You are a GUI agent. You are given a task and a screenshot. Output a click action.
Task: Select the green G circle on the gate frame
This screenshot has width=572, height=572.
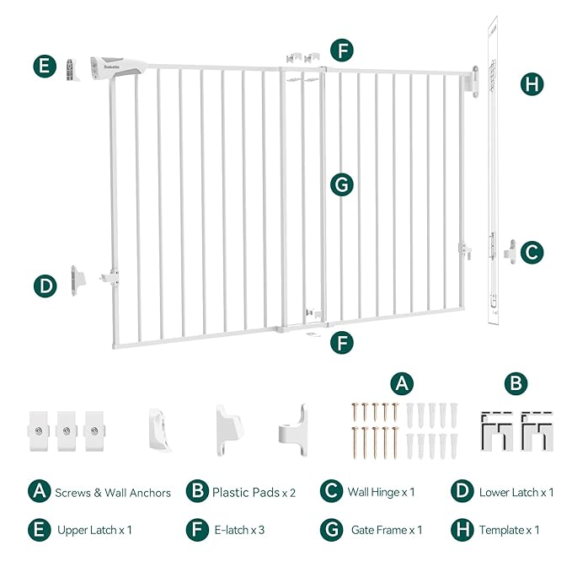[x=341, y=184]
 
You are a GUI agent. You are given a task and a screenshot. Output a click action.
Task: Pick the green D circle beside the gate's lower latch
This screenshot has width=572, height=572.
[x=45, y=286]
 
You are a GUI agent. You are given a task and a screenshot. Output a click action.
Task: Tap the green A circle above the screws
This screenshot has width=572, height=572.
[x=402, y=383]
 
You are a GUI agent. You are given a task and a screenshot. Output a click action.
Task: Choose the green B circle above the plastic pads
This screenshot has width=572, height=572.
[x=517, y=383]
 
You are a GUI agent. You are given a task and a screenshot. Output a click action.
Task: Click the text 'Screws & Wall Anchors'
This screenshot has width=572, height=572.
[x=113, y=492]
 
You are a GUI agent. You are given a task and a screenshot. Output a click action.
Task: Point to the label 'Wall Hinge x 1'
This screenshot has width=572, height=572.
[x=379, y=492]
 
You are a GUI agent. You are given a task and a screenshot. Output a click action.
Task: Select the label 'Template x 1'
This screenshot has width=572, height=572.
[x=509, y=530]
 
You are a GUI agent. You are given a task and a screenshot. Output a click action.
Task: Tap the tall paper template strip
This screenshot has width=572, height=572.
[x=492, y=168]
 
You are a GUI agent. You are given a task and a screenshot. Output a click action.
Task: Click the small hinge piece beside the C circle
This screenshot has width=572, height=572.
[x=510, y=251]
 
